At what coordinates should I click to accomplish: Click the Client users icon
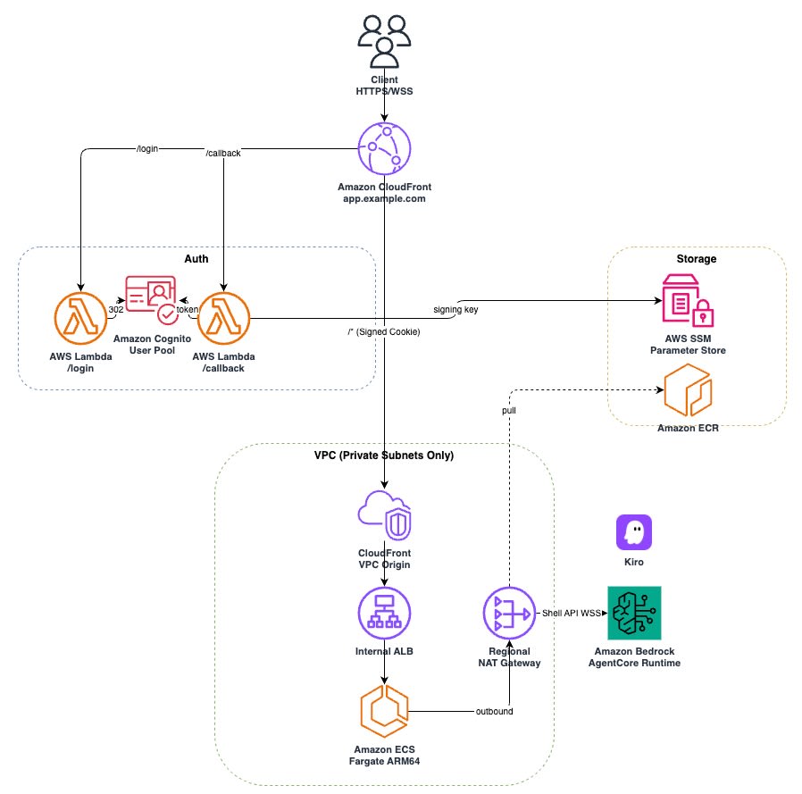384,41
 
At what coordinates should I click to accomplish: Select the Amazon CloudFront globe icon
384,149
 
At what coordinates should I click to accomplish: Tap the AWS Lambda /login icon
80,318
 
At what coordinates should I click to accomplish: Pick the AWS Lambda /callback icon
223,318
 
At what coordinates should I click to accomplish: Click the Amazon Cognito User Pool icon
152,300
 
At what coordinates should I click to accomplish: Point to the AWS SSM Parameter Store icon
688,300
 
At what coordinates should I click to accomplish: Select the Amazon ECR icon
688,390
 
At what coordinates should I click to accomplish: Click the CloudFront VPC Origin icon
384,515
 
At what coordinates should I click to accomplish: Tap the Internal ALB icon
384,613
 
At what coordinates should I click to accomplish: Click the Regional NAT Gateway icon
509,613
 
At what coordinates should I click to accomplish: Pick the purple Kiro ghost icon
634,532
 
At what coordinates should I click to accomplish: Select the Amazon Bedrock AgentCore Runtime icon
634,613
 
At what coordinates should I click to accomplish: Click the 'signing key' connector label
455,310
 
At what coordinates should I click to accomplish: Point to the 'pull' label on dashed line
509,410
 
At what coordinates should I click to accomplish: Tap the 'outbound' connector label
494,711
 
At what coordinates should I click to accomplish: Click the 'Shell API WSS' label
572,613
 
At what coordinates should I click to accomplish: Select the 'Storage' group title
696,259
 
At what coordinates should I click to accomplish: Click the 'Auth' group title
196,259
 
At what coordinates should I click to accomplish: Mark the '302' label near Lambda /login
116,310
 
